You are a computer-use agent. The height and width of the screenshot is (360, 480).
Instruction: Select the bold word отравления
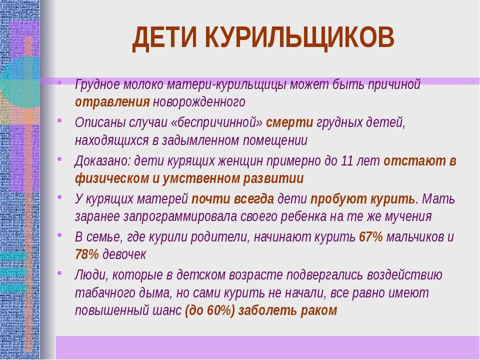[112, 102]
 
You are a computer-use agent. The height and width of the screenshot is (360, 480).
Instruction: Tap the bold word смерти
[289, 122]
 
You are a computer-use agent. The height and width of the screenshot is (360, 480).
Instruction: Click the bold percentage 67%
[370, 236]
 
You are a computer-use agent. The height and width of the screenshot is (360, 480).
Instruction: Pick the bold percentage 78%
[87, 254]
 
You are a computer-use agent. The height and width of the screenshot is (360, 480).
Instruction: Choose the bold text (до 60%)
[209, 310]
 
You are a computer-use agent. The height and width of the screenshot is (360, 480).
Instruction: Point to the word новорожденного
[199, 102]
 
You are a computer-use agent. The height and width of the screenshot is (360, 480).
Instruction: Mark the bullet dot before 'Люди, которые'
[59, 272]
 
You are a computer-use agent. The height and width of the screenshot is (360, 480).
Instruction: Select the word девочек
[124, 254]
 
